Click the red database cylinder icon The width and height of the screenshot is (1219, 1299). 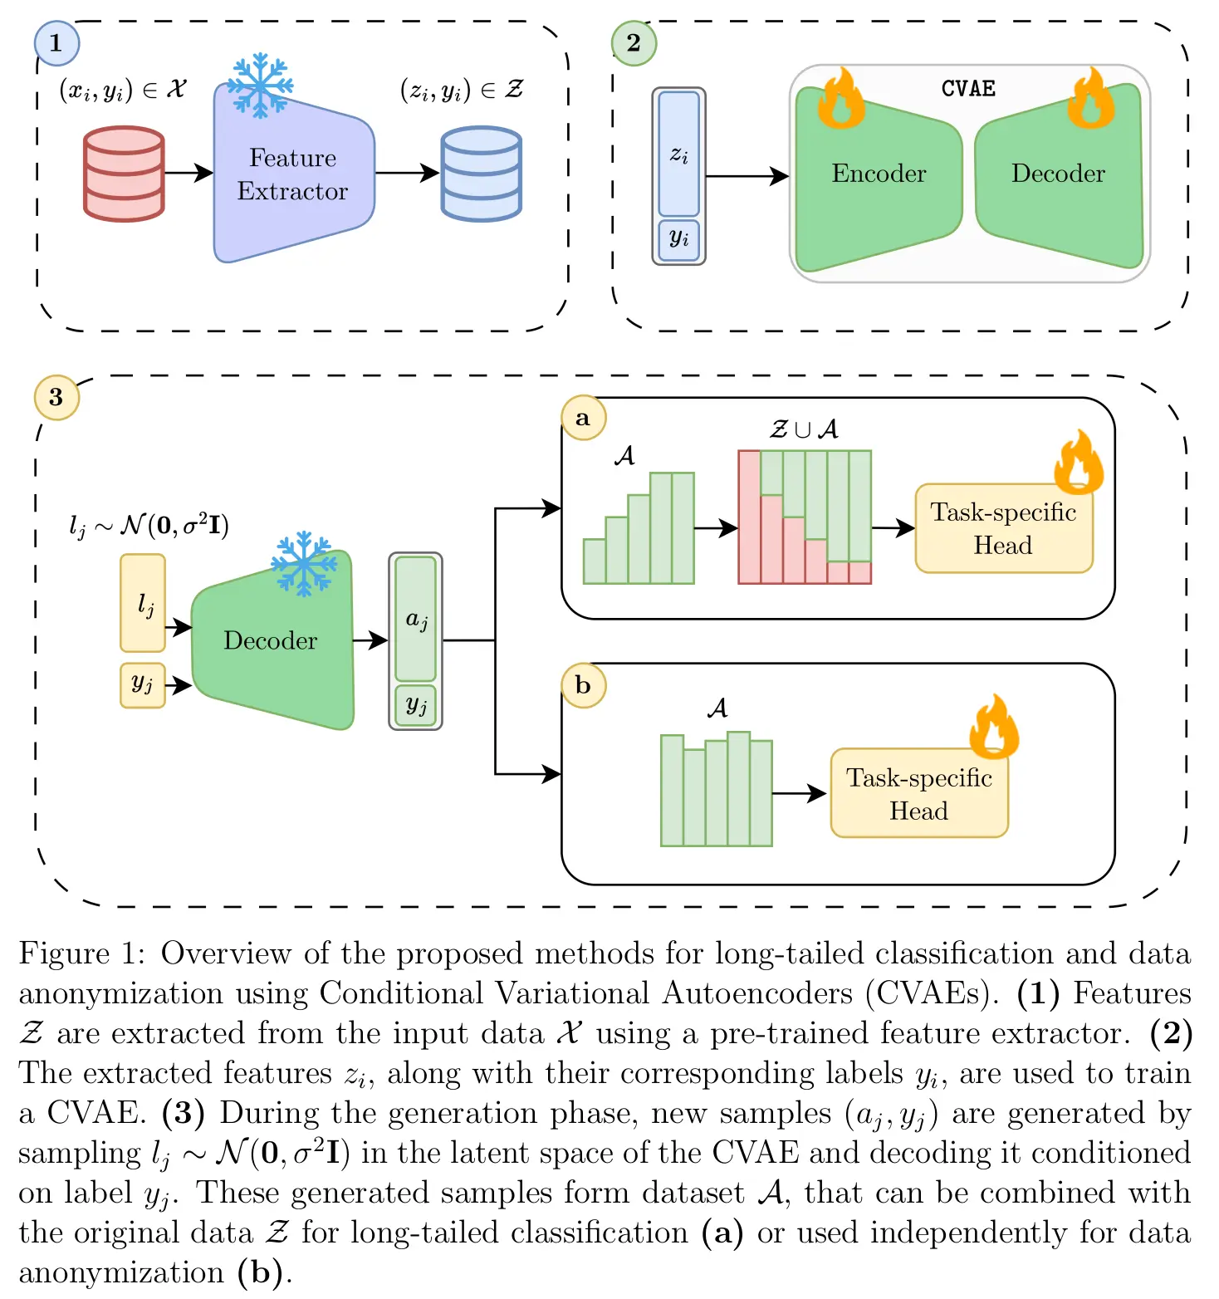[125, 174]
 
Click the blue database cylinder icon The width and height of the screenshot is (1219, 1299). [482, 174]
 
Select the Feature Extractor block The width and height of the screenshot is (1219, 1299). [294, 174]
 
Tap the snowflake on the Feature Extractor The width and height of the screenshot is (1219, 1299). [260, 86]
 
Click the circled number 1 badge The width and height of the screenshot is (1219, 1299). [56, 43]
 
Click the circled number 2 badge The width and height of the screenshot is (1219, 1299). [634, 43]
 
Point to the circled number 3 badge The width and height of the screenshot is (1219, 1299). [56, 397]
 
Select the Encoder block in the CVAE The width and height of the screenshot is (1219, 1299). [879, 176]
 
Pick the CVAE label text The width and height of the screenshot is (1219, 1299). [968, 89]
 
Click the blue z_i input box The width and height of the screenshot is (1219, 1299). [679, 154]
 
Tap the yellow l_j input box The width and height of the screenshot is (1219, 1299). [143, 603]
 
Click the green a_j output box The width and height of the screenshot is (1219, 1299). [416, 619]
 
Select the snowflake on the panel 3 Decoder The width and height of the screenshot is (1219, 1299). [304, 563]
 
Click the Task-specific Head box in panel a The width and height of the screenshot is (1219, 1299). [1004, 528]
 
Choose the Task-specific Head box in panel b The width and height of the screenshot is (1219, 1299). [919, 793]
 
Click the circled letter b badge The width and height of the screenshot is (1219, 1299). [583, 684]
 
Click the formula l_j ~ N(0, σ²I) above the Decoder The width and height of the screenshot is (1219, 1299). [149, 526]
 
